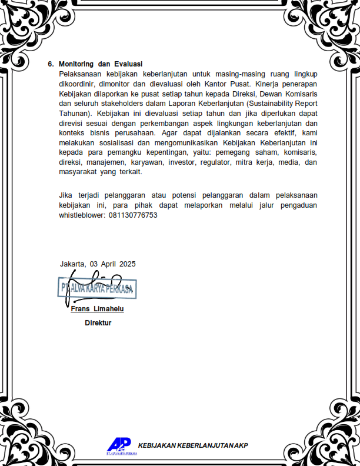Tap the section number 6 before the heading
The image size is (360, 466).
(x=51, y=64)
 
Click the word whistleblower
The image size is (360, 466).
(x=82, y=215)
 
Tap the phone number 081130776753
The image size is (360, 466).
(x=133, y=215)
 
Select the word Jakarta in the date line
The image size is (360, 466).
(x=72, y=264)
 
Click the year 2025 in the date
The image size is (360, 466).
(x=127, y=264)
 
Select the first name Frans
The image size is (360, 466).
(x=80, y=309)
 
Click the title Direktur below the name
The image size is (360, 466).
(x=98, y=323)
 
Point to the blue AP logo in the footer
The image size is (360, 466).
(x=118, y=445)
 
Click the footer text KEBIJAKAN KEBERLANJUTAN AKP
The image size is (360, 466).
(x=193, y=445)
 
